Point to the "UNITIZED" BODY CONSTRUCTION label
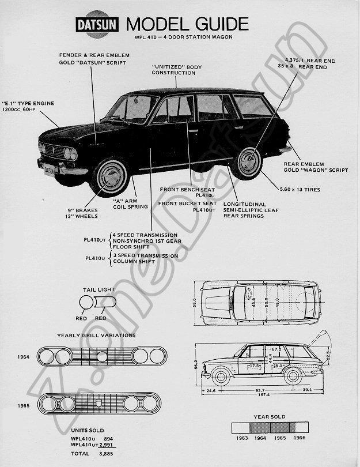[177, 70]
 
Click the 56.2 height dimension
[195, 365]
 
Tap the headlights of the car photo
[70, 153]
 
